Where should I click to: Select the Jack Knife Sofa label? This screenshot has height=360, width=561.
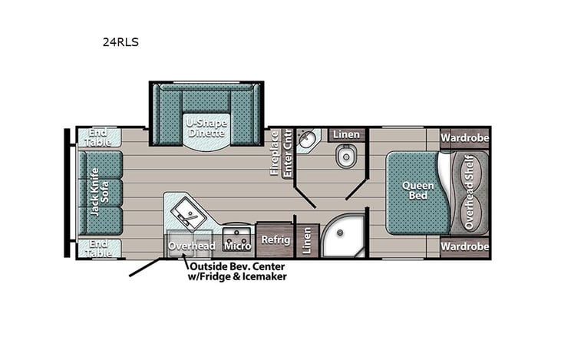tap(101, 192)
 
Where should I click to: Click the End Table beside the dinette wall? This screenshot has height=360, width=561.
tap(99, 137)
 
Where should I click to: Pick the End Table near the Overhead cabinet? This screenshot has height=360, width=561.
tap(99, 247)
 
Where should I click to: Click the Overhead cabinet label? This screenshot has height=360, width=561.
tap(192, 246)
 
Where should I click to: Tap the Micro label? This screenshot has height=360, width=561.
tap(237, 246)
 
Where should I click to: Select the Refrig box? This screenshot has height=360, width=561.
tap(275, 239)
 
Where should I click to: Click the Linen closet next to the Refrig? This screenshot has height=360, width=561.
tap(307, 240)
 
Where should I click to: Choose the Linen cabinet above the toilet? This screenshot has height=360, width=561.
tap(345, 135)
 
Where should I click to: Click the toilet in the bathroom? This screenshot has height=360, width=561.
tap(345, 158)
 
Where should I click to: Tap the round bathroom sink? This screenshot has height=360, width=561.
tap(308, 140)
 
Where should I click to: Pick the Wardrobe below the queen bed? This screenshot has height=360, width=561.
tap(464, 247)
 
